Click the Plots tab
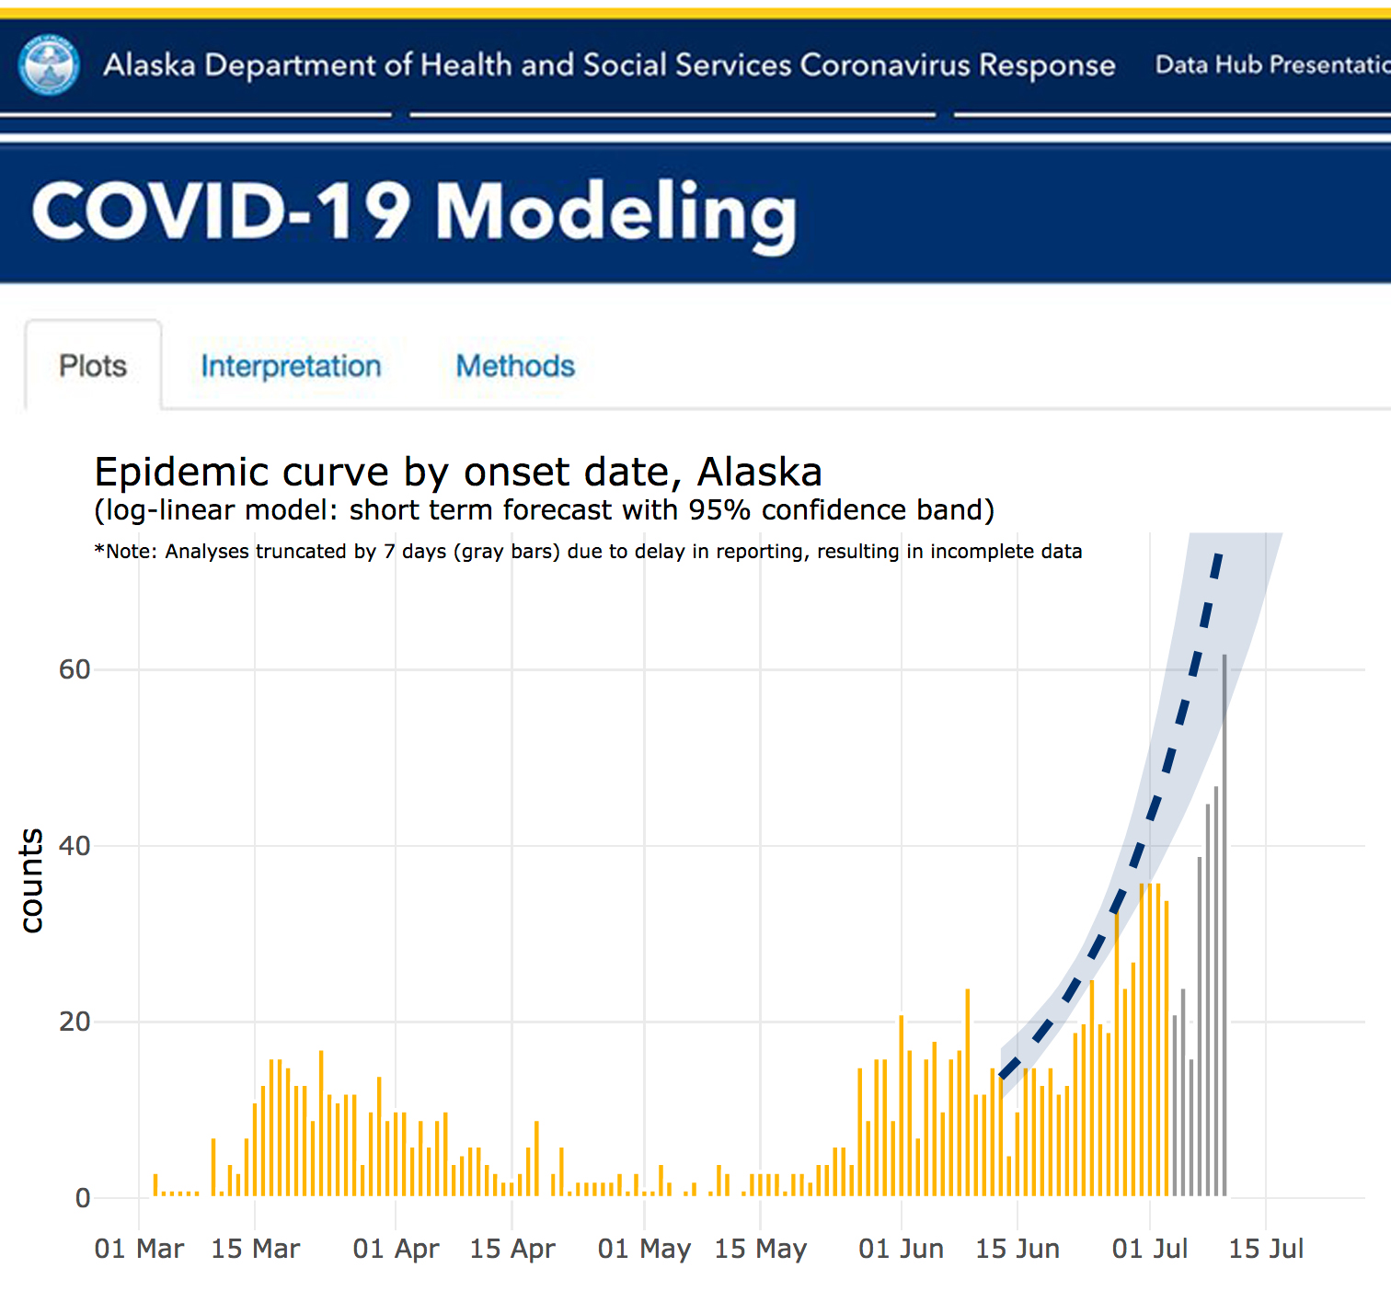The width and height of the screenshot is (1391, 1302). (x=93, y=366)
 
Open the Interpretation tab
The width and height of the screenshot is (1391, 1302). (x=291, y=366)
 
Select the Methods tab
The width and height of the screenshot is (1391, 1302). (x=515, y=366)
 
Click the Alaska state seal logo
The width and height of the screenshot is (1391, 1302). (x=50, y=65)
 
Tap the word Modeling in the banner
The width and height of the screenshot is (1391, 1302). (x=615, y=212)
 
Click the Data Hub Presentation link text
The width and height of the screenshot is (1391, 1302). (x=1271, y=65)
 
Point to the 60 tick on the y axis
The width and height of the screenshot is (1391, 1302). (x=75, y=669)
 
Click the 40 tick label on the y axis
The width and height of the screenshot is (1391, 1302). (x=75, y=846)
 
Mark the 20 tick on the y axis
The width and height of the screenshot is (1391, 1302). (x=75, y=1022)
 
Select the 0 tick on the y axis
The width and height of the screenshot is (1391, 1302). (x=83, y=1198)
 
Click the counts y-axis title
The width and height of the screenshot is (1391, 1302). (x=31, y=880)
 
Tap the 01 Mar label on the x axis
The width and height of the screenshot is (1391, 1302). (x=139, y=1249)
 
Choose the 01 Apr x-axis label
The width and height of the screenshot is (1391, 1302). (x=396, y=1249)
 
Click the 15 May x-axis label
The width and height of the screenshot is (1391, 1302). (x=760, y=1249)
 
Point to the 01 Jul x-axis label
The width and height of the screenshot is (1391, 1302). (x=1149, y=1249)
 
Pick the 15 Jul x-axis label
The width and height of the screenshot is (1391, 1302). (x=1266, y=1249)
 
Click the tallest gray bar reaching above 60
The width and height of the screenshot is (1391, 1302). (x=1224, y=919)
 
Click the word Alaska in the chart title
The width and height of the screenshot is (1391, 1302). (x=759, y=473)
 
